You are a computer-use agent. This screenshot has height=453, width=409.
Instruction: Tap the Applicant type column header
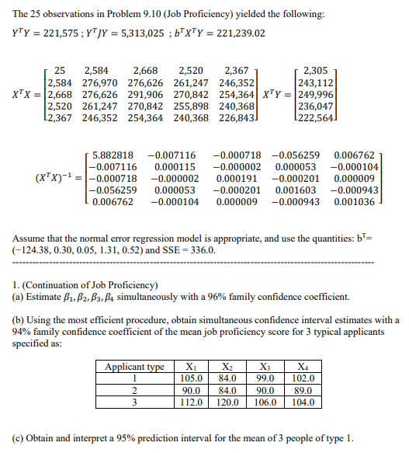[x=134, y=367]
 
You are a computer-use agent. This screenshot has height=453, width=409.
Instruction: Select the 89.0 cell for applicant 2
[x=304, y=390]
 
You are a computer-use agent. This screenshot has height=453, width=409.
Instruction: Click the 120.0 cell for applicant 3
[x=229, y=402]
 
